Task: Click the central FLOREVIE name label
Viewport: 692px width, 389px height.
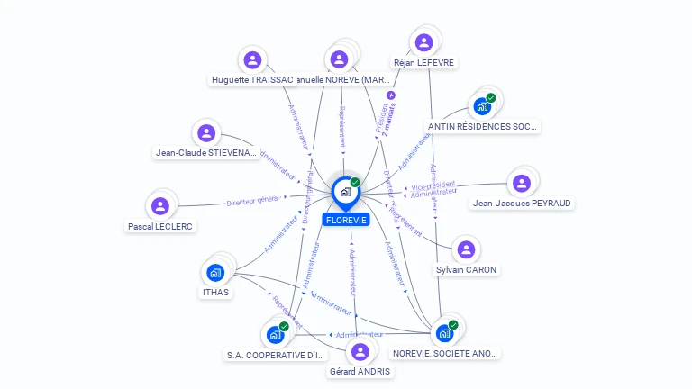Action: coord(346,220)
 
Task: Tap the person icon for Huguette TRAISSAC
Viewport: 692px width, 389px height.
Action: coord(252,60)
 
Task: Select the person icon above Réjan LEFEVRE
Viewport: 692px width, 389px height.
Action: coord(423,42)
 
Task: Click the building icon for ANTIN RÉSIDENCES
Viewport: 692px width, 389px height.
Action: coord(482,106)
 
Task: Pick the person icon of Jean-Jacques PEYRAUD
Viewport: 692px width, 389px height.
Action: coord(521,183)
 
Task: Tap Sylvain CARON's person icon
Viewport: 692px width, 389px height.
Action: coord(466,249)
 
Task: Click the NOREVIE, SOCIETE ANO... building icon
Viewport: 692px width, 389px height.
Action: coord(444,333)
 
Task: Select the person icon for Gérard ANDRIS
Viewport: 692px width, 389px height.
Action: coord(360,351)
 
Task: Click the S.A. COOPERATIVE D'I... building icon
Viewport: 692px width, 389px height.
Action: coord(275,335)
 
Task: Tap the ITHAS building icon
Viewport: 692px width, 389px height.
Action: coord(215,272)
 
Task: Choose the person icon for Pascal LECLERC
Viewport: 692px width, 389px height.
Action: coord(160,206)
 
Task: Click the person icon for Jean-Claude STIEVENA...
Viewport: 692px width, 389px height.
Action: coord(207,133)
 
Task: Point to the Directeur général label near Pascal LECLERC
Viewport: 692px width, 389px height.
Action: coord(253,201)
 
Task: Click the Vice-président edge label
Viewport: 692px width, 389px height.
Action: coord(432,186)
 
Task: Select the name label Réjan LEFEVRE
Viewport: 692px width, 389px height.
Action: coord(424,63)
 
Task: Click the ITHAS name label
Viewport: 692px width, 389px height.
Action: coord(215,292)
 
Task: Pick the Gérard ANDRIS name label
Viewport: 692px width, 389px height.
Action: coord(360,371)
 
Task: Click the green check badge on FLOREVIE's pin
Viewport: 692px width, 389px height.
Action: coord(355,182)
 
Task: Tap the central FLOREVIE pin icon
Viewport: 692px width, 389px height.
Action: coord(345,191)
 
